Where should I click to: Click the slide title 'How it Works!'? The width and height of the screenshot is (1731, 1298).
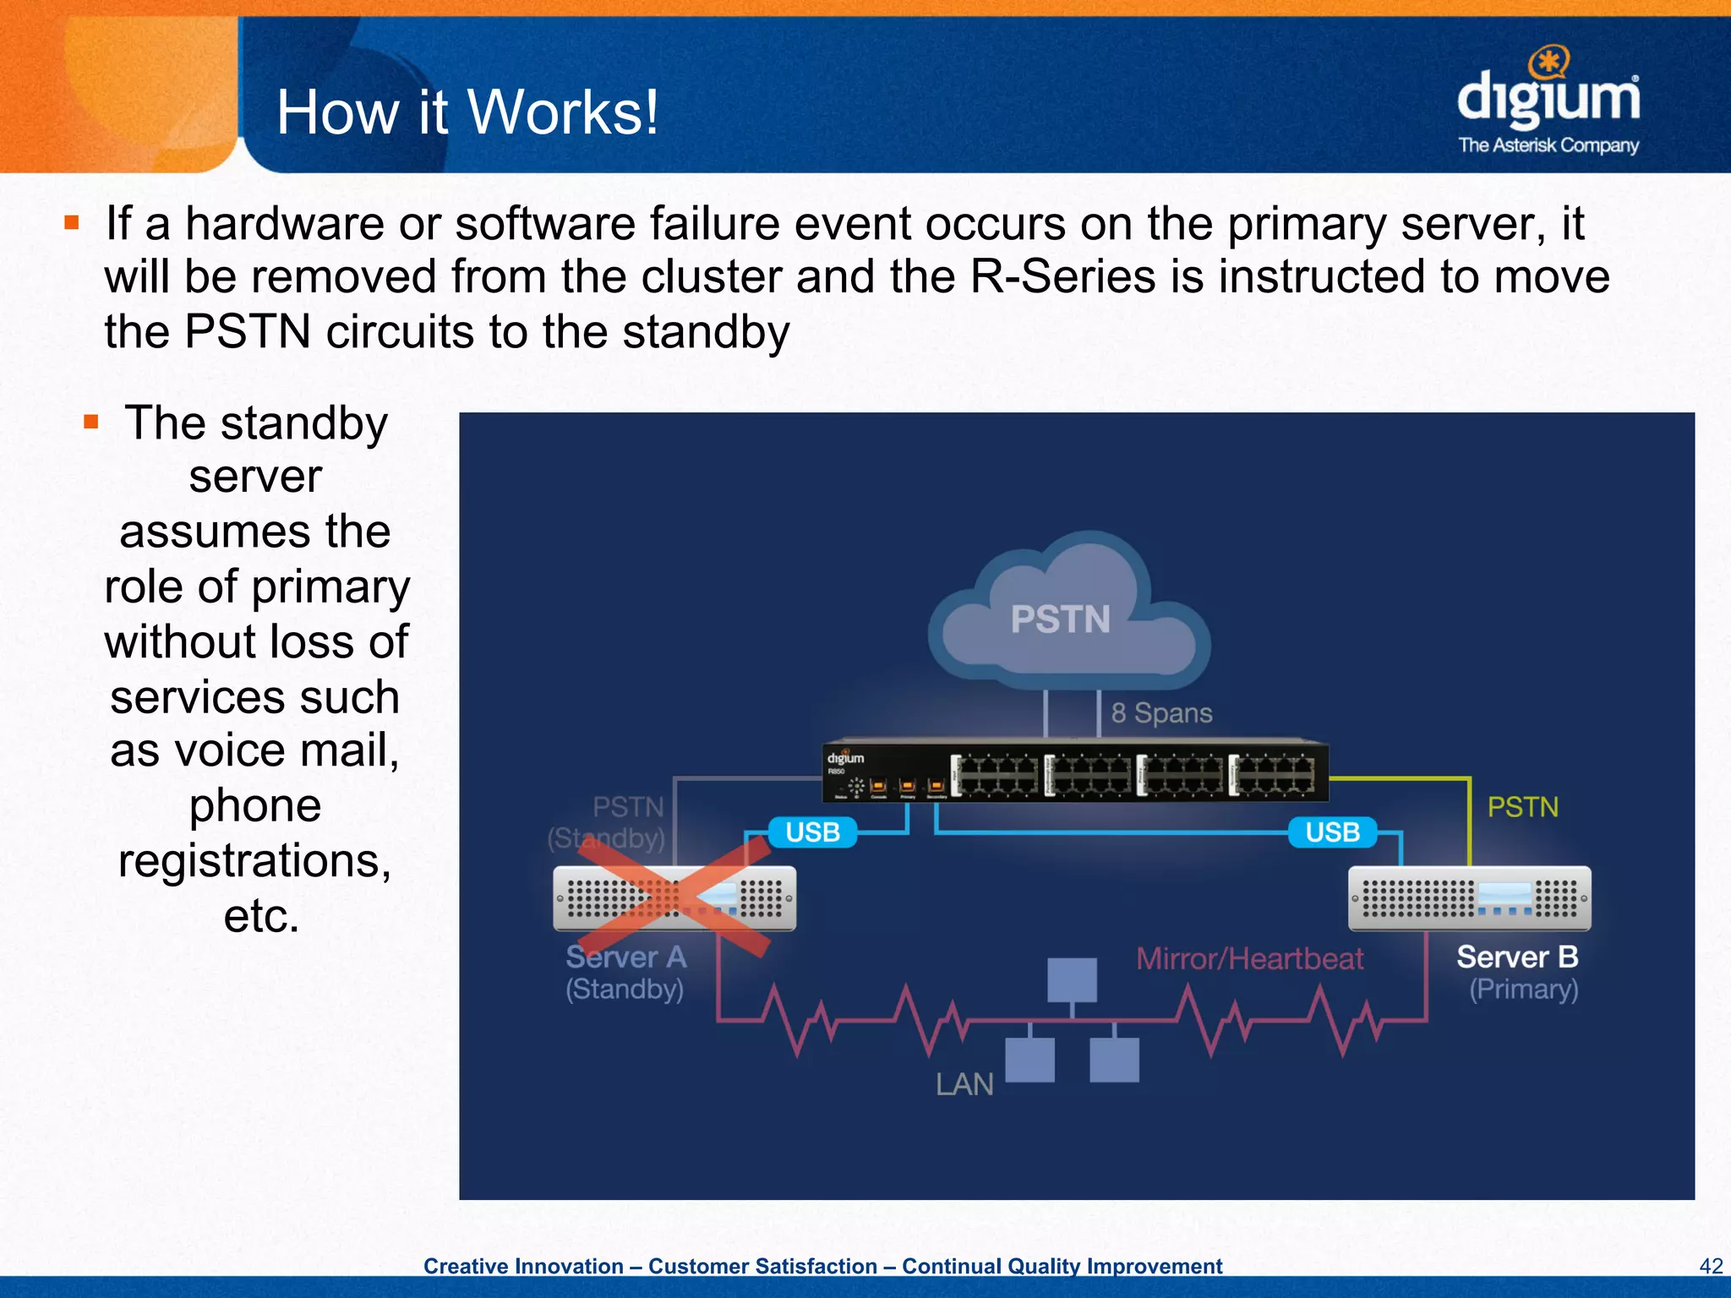point(467,112)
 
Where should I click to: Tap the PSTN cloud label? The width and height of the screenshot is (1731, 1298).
point(1060,619)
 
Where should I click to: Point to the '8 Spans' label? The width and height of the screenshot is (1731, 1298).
point(1161,713)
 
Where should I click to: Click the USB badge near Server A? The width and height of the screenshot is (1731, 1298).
point(812,832)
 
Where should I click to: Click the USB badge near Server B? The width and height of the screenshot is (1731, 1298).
point(1332,832)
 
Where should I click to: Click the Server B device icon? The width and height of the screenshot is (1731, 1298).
point(1469,898)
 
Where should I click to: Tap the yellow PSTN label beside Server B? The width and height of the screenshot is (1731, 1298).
point(1522,807)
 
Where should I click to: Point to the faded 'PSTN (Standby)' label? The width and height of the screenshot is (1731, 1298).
point(607,822)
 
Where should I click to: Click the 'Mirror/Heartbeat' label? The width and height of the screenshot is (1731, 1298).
point(1249,959)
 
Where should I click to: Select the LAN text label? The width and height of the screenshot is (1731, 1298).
point(964,1084)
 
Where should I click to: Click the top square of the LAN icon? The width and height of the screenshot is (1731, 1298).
point(1072,979)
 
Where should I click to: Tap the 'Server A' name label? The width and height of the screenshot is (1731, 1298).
point(625,957)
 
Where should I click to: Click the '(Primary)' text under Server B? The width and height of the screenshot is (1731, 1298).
point(1523,990)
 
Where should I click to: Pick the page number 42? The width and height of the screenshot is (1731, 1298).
point(1710,1266)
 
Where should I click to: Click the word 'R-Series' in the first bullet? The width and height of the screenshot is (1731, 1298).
point(1062,277)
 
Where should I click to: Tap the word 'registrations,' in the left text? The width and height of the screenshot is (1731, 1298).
point(254,860)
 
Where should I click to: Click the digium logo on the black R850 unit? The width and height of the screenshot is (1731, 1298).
point(845,758)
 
